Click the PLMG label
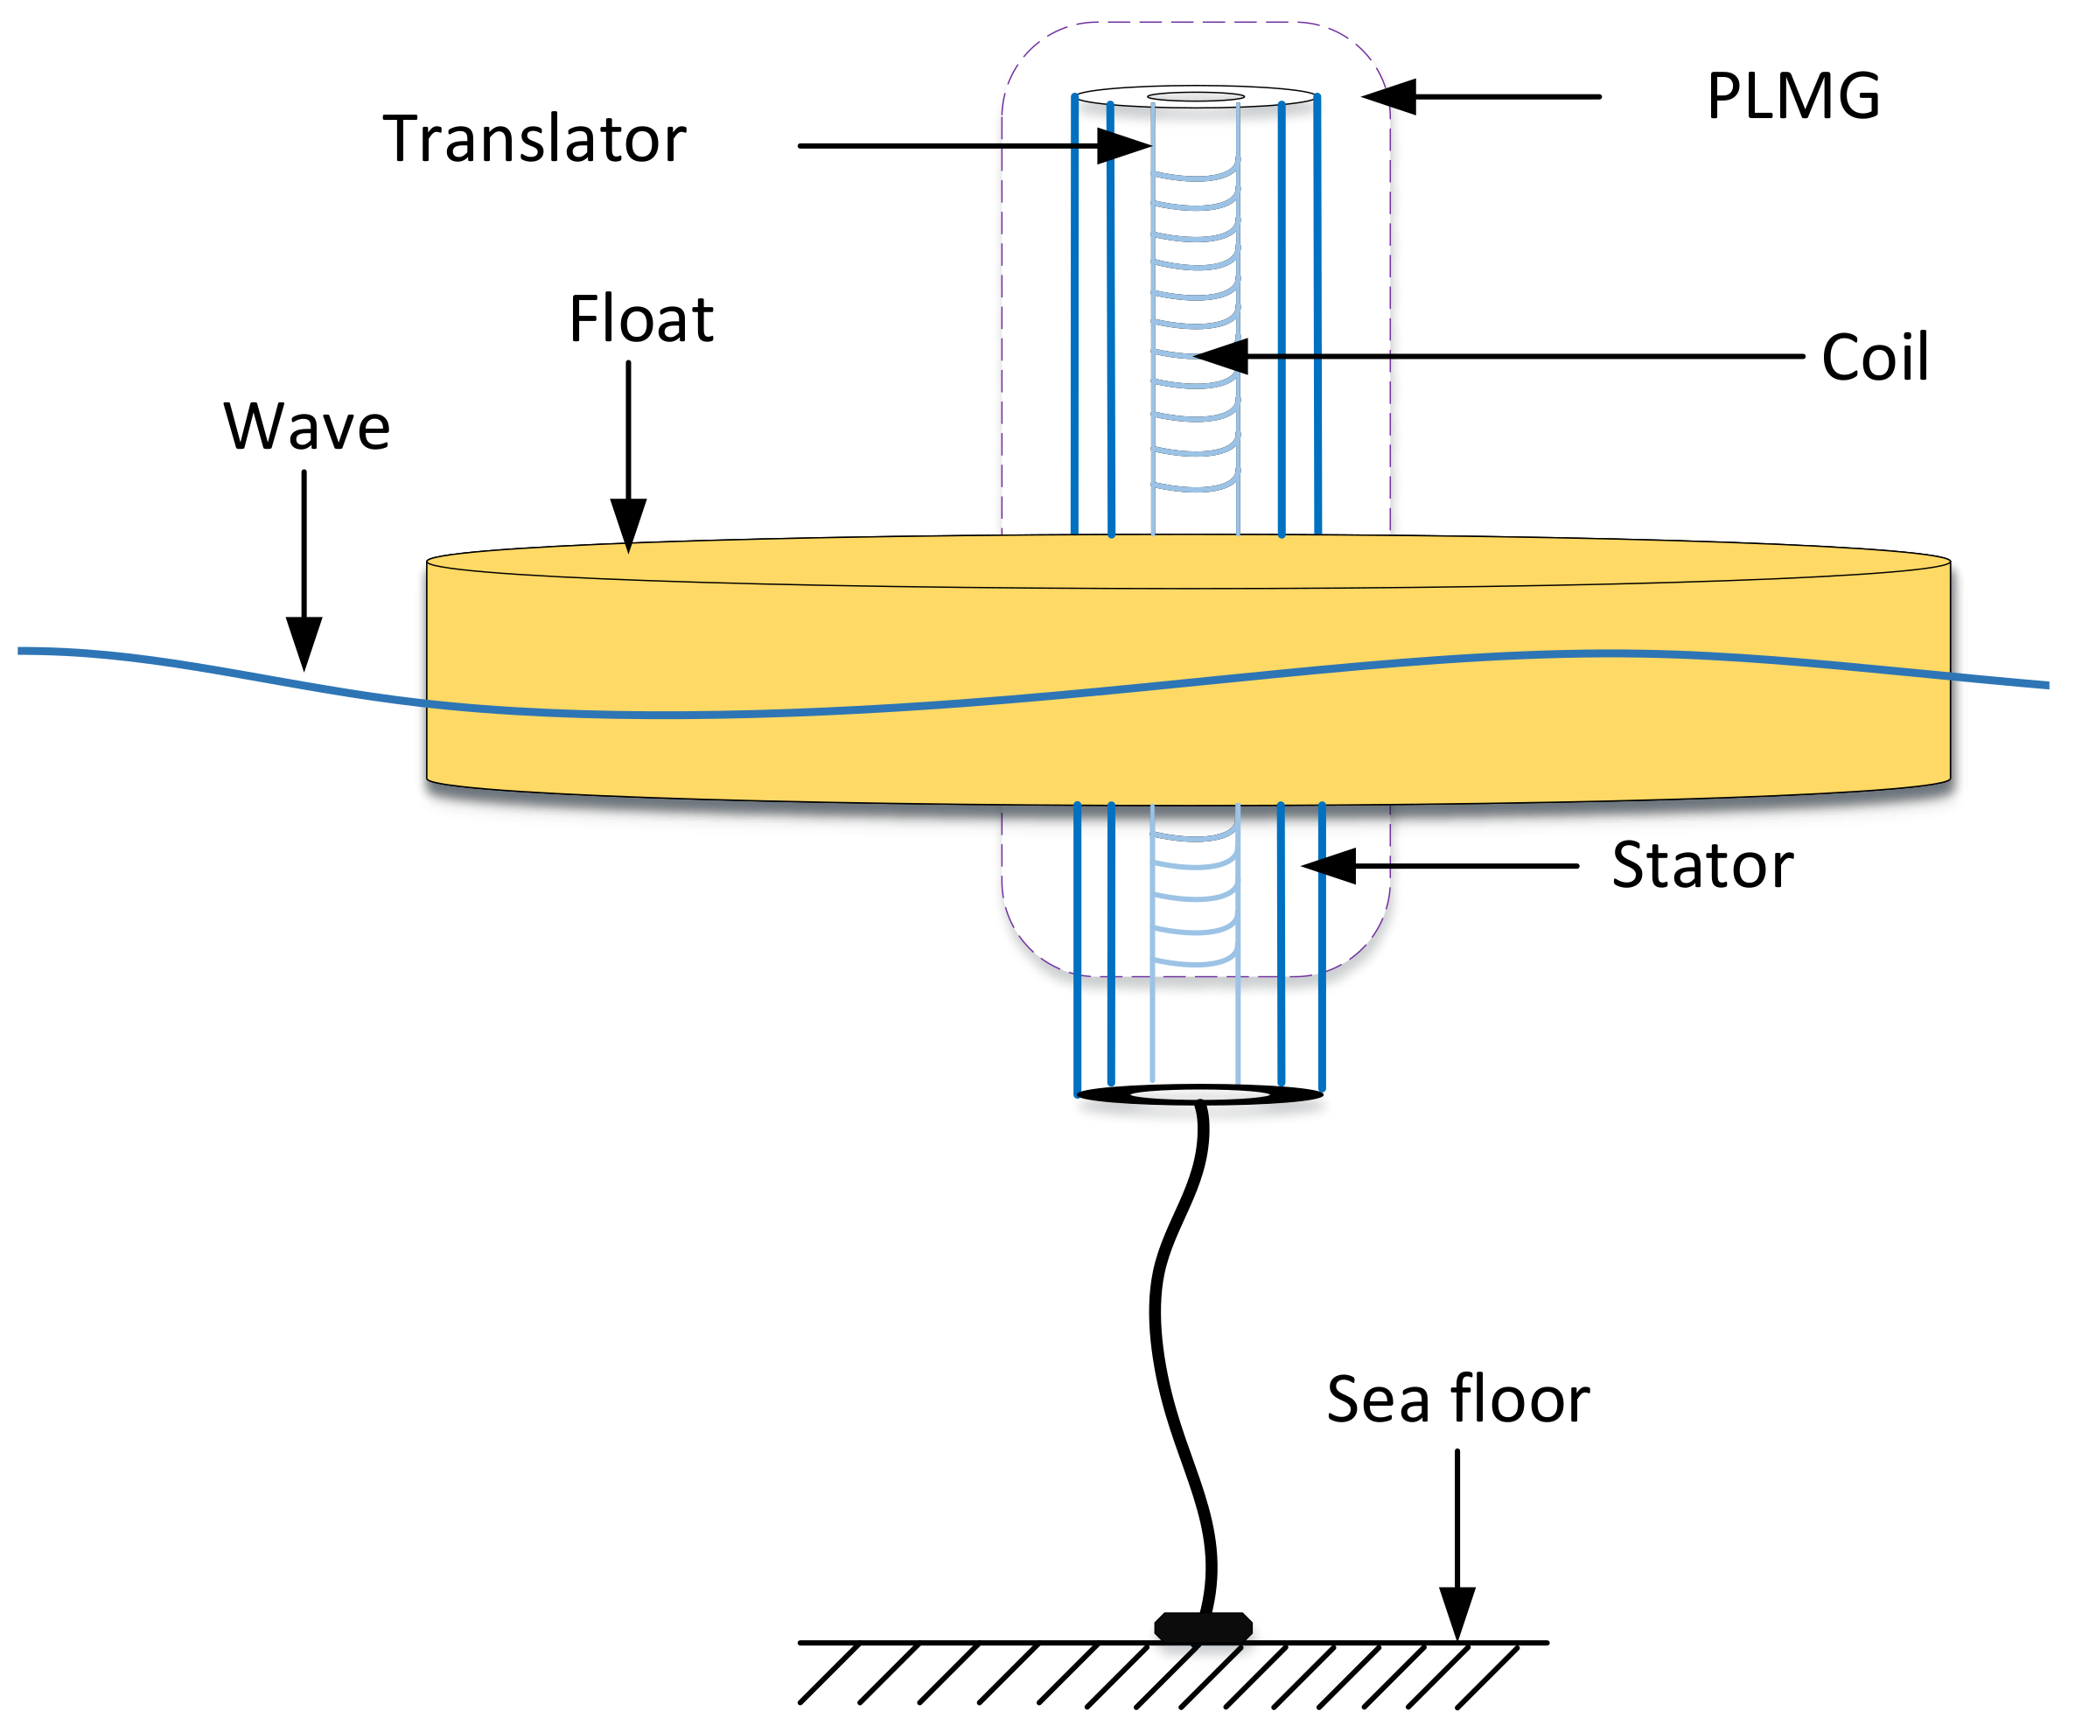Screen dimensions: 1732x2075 (1792, 97)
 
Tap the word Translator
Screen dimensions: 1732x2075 (534, 139)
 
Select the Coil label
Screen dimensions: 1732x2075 (1875, 357)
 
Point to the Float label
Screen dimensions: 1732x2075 (640, 319)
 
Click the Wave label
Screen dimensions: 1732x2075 (306, 427)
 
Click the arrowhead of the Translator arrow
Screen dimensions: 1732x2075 (1124, 146)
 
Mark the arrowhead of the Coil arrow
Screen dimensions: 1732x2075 (1223, 356)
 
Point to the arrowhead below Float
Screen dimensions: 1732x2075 (628, 524)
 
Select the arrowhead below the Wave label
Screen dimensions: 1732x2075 (304, 642)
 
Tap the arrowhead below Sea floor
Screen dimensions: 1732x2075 (1457, 1612)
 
